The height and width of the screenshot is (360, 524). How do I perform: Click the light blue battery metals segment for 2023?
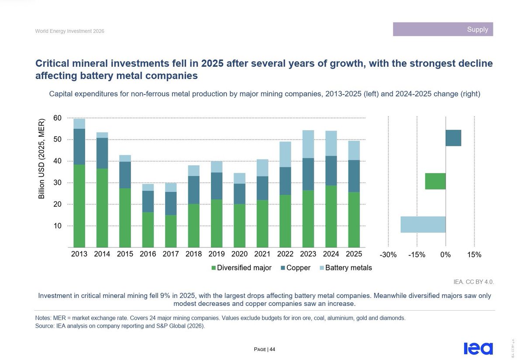pyautogui.click(x=308, y=144)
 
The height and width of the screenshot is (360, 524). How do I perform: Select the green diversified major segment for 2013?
pyautogui.click(x=79, y=206)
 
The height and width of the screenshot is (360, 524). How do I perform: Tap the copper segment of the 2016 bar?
pyautogui.click(x=148, y=201)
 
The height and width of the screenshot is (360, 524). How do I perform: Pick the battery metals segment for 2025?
pyautogui.click(x=354, y=150)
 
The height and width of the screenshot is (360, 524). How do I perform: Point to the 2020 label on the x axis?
pyautogui.click(x=239, y=254)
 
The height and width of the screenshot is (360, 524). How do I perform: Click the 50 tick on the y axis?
pyautogui.click(x=57, y=139)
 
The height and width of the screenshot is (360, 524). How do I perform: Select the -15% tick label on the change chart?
pyautogui.click(x=417, y=255)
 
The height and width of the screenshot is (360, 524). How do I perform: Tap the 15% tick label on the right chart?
pyautogui.click(x=474, y=255)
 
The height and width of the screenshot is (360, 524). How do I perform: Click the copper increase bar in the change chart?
pyautogui.click(x=453, y=138)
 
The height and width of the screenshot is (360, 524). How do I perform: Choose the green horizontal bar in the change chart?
pyautogui.click(x=435, y=181)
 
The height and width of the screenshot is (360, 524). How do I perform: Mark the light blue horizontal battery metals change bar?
pyautogui.click(x=423, y=225)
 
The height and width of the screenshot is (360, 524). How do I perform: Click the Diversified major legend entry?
pyautogui.click(x=241, y=268)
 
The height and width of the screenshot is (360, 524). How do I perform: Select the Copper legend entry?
pyautogui.click(x=296, y=268)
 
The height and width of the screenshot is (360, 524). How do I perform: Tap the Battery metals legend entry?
pyautogui.click(x=346, y=268)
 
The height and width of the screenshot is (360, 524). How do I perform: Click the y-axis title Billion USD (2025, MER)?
pyautogui.click(x=41, y=159)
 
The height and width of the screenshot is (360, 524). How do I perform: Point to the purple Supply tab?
pyautogui.click(x=443, y=29)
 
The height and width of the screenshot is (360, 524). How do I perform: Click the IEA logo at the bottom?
pyautogui.click(x=479, y=349)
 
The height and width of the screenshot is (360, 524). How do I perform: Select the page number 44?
pyautogui.click(x=272, y=350)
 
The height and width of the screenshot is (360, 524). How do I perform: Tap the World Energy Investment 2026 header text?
pyautogui.click(x=70, y=31)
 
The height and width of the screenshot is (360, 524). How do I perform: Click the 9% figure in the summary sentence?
pyautogui.click(x=165, y=296)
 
